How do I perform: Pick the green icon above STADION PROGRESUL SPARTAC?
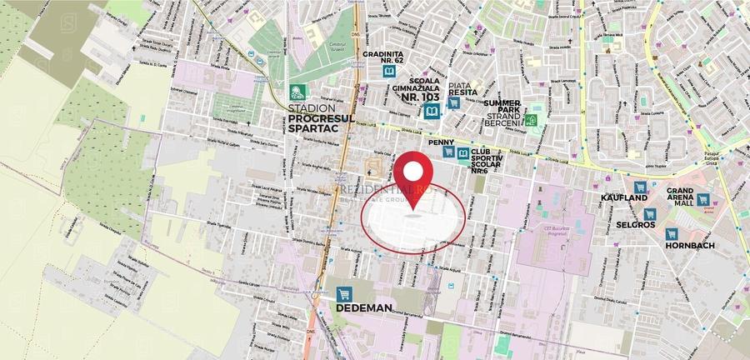[295, 92]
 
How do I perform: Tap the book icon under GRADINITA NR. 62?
[388, 72]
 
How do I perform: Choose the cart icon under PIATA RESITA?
[453, 103]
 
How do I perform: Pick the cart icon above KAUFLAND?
[640, 189]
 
